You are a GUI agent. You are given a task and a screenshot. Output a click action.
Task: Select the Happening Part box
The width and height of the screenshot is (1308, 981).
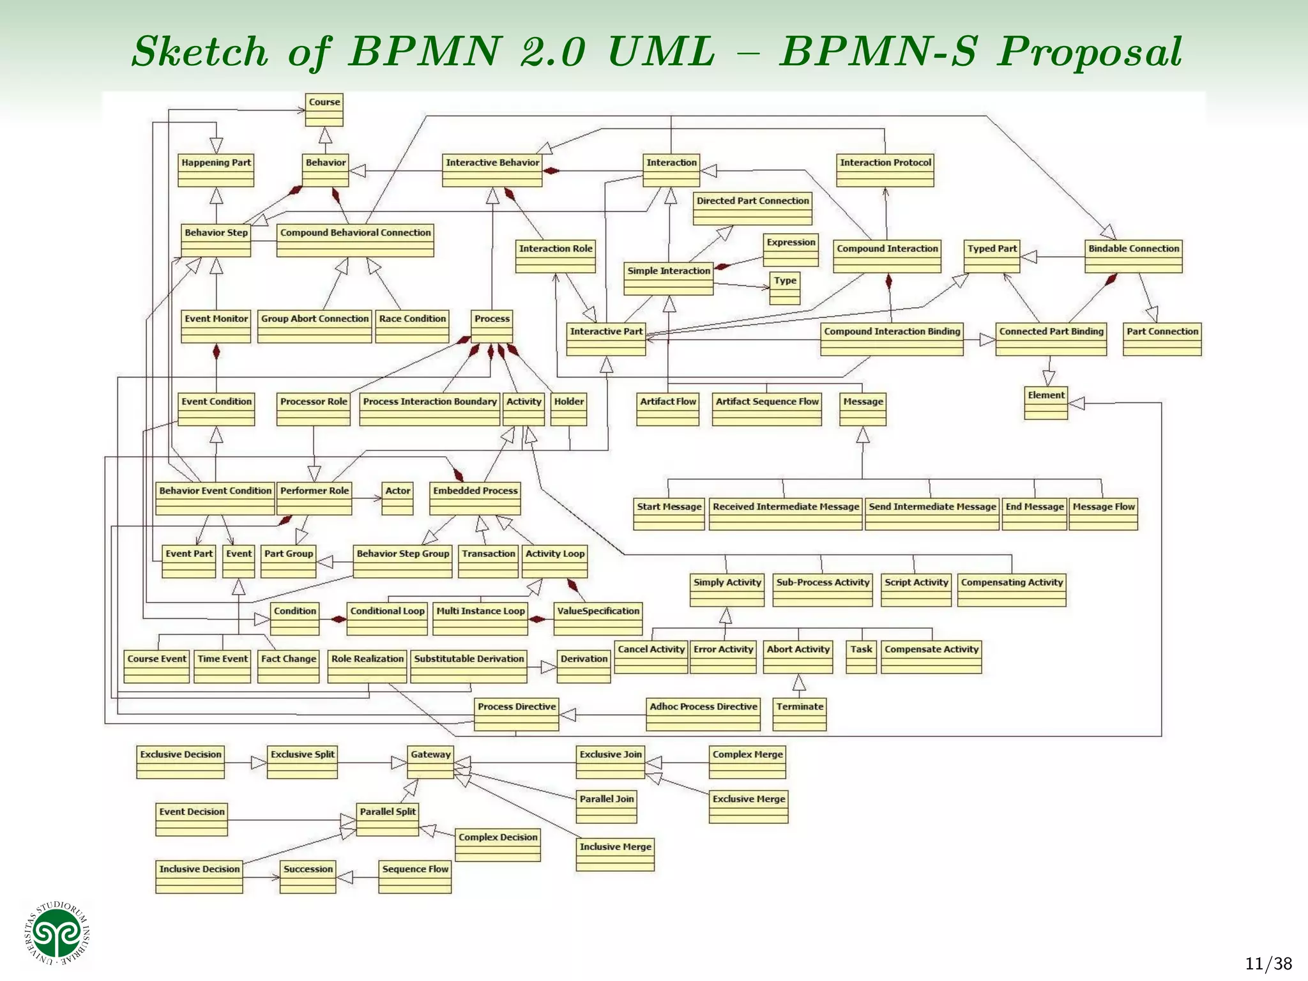(x=216, y=171)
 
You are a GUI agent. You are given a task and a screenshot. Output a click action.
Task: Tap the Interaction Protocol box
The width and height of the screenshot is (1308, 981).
(x=885, y=171)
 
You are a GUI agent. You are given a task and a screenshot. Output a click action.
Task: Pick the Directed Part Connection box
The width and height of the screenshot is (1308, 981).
(x=752, y=209)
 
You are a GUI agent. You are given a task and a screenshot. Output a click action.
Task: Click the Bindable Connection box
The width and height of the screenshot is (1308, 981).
(x=1134, y=257)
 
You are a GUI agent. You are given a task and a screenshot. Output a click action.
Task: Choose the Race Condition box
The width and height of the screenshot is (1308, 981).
(x=412, y=327)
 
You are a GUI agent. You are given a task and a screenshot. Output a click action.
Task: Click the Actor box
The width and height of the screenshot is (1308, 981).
(x=397, y=499)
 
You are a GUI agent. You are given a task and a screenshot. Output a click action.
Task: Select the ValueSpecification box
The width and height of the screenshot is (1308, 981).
(x=598, y=619)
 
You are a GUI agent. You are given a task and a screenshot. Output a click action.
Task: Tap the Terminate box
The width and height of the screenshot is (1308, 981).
(x=800, y=715)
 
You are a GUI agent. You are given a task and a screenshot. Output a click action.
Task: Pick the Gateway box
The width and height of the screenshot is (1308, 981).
(x=430, y=763)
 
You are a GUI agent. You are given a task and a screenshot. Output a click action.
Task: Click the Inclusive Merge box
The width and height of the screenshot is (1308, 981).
(x=615, y=855)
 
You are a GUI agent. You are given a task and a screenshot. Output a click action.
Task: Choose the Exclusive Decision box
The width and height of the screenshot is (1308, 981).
(x=181, y=763)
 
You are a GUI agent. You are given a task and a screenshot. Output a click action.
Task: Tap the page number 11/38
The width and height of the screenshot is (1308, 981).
(x=1268, y=964)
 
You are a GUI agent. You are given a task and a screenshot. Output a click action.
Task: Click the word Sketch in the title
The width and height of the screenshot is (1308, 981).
(x=200, y=52)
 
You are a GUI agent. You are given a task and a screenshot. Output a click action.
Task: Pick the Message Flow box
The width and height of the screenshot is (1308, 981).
(x=1104, y=515)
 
